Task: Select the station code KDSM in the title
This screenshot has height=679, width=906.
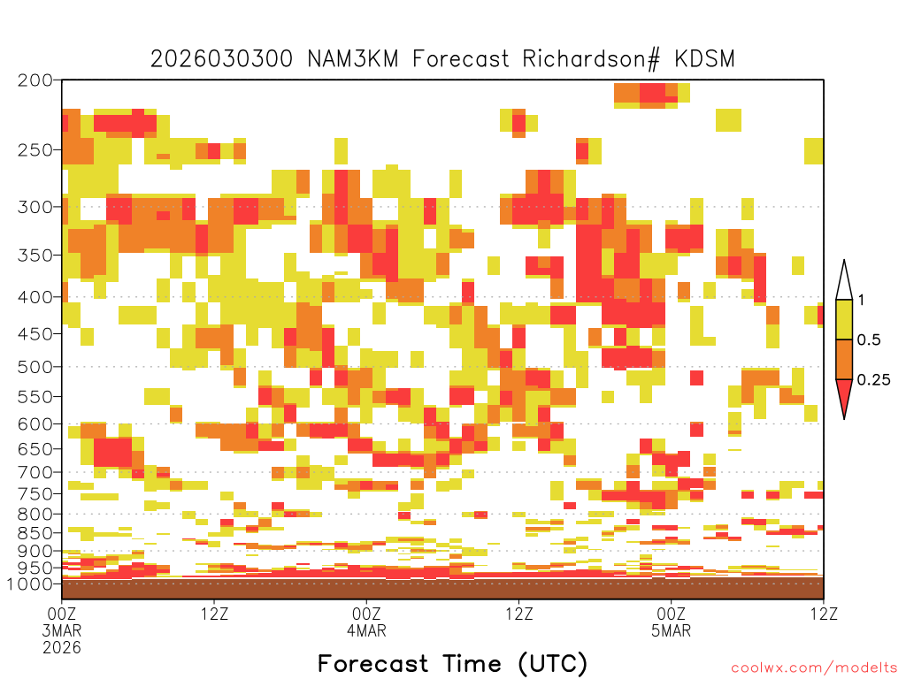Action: pos(704,59)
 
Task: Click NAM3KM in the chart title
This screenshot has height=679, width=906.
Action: pos(352,59)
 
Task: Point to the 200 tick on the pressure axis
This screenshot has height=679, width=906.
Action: pos(35,80)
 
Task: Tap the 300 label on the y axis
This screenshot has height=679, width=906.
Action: pos(35,207)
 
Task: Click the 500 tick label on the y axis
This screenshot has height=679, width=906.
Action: pos(35,367)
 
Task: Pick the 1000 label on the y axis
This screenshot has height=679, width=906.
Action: pos(30,584)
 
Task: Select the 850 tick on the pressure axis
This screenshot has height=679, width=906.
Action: pos(35,533)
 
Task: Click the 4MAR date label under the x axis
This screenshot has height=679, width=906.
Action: pos(366,630)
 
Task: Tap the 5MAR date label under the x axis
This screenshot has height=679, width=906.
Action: pos(671,630)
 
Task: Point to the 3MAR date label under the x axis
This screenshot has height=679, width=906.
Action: pos(62,630)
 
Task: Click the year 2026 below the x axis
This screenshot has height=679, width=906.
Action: pos(62,648)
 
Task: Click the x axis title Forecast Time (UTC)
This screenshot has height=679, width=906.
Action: pos(452,664)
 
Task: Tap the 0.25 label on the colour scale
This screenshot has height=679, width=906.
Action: pos(873,380)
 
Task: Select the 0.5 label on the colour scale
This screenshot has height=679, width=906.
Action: pos(869,339)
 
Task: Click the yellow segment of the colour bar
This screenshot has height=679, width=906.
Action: pos(844,319)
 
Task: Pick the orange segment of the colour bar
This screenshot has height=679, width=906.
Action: pos(844,359)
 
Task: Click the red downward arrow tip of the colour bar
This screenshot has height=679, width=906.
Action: pos(844,418)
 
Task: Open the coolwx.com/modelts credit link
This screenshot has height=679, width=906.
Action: pos(815,668)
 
